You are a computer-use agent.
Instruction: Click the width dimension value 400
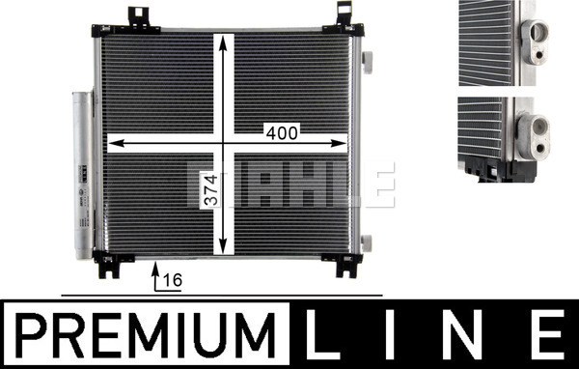point(282,133)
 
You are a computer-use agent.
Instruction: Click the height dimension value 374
point(211,190)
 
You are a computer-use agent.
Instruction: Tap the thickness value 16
point(173,281)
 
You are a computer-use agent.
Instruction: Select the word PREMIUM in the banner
point(146,335)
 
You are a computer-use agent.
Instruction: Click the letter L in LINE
point(322,334)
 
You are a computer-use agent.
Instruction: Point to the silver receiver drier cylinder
point(82,175)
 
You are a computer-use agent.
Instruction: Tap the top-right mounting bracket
point(344,22)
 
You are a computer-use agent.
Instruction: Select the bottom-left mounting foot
point(111,264)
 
